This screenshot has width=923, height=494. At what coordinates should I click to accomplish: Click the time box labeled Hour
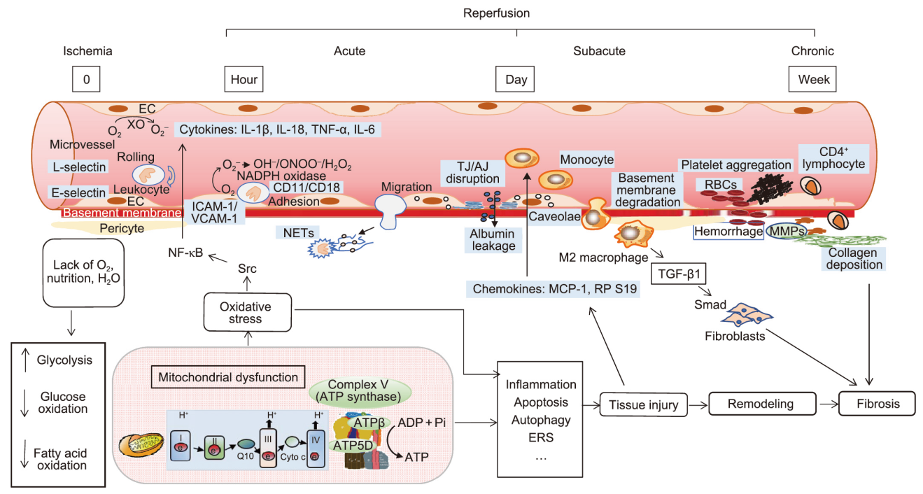point(244,79)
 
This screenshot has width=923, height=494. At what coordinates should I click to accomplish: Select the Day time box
point(516,79)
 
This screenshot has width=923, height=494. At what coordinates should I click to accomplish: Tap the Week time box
point(813,79)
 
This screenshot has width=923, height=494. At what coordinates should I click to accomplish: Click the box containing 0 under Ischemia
point(86,79)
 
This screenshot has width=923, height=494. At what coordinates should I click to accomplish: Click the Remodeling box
point(763,404)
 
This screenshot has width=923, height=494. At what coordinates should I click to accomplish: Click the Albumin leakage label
point(492,239)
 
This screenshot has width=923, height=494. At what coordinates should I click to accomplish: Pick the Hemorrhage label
point(728,232)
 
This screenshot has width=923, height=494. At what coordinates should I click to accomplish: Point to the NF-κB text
point(186,253)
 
